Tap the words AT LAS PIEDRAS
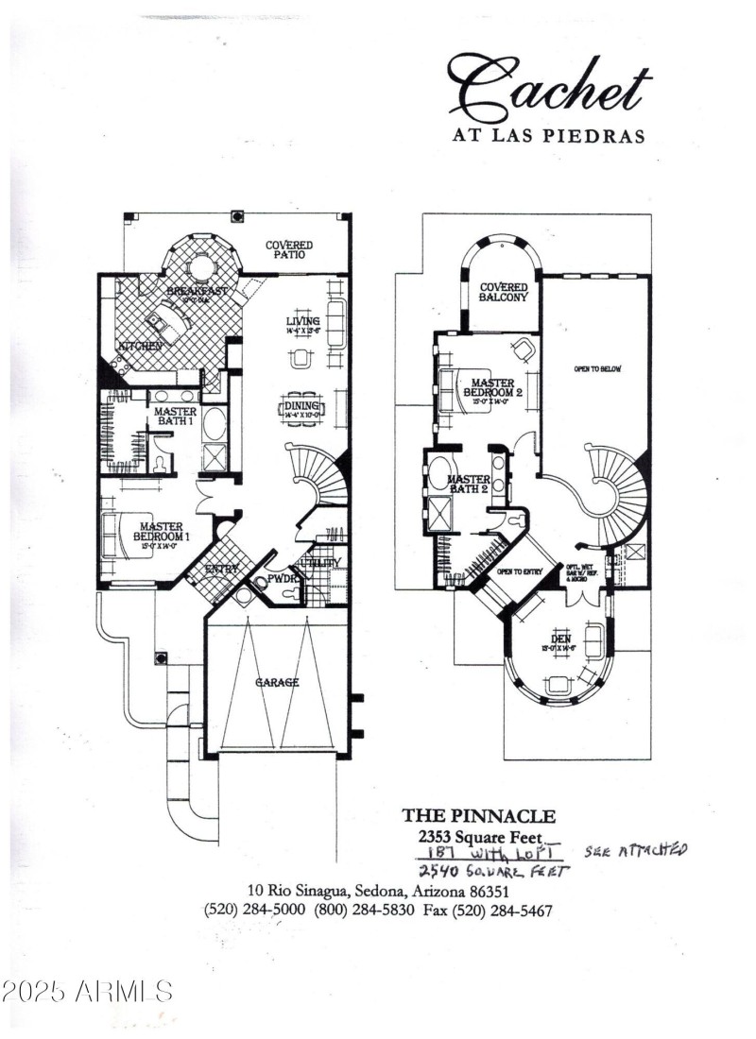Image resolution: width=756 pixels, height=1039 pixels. (x=547, y=135)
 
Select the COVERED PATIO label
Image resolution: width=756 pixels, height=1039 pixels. (x=288, y=250)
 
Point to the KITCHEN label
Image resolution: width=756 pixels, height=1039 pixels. (x=138, y=347)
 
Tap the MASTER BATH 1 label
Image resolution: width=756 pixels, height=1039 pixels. (x=175, y=417)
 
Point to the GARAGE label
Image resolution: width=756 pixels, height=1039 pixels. (x=276, y=682)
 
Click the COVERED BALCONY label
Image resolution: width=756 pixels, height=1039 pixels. (x=504, y=292)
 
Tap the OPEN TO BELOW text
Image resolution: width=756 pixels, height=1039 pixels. (x=597, y=368)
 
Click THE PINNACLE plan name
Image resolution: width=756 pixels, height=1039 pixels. (x=479, y=815)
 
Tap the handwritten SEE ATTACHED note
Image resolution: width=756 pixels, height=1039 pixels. (x=635, y=850)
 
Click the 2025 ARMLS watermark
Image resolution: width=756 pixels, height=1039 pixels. (x=87, y=991)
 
